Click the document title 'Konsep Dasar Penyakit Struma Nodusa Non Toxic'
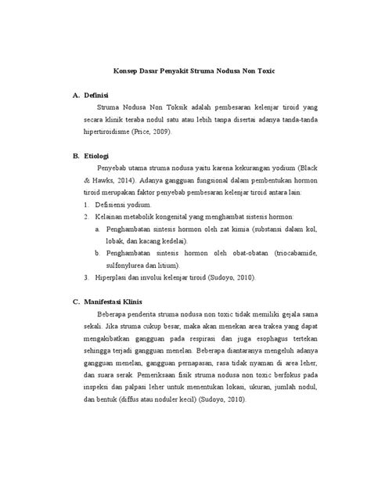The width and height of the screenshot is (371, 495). tap(185, 71)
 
